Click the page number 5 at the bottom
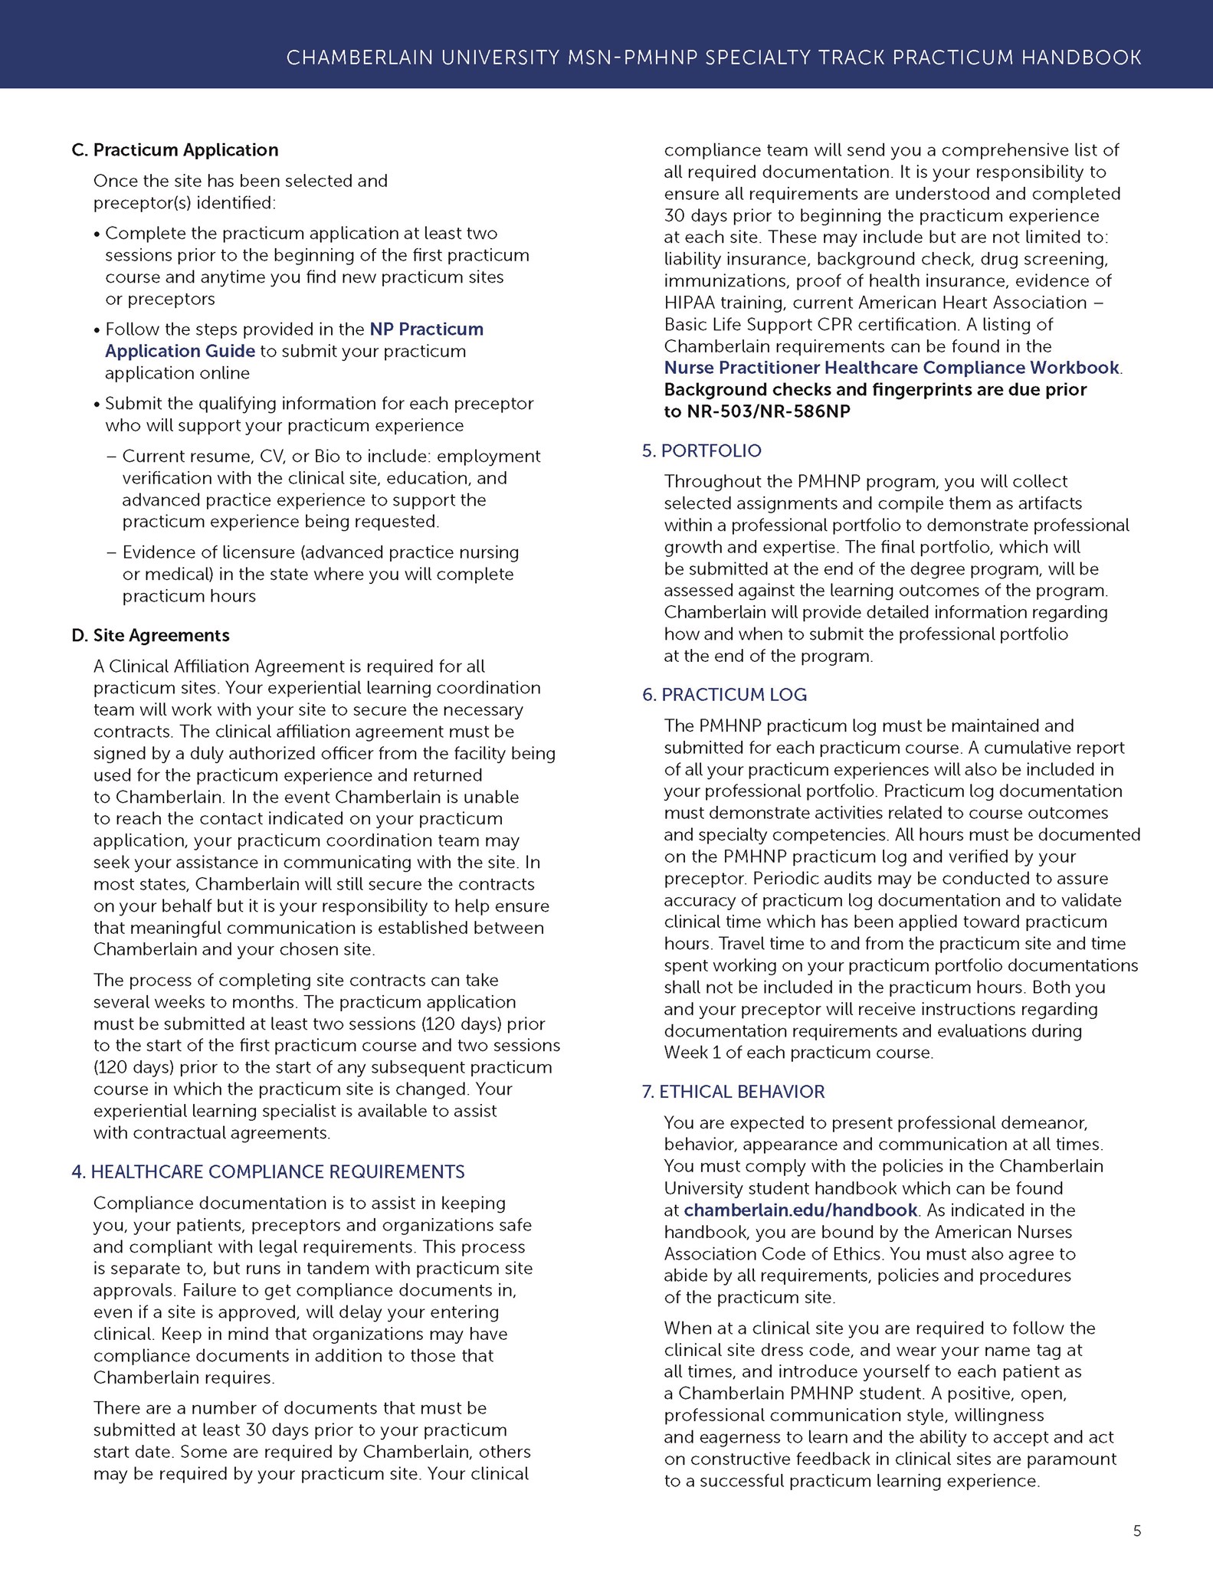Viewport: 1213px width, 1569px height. coord(1137,1531)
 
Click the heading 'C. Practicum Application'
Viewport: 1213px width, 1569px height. coord(175,150)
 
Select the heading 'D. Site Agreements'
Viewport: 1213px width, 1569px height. coord(150,635)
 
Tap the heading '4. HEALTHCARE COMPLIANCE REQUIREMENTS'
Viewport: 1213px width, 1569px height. coord(268,1171)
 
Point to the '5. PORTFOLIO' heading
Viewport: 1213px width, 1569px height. coord(702,450)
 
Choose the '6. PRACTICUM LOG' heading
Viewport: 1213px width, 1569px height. coord(724,695)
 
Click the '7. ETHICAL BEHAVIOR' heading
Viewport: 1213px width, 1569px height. coord(733,1092)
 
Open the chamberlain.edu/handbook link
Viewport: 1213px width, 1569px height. coord(800,1210)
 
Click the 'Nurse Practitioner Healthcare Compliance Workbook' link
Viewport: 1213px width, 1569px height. coord(891,368)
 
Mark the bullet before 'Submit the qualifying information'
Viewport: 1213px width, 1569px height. coord(97,405)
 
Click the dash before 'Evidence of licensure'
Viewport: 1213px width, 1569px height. coord(111,553)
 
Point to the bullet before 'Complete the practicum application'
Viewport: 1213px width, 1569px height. coord(97,234)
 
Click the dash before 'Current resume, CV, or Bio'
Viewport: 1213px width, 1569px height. coord(111,457)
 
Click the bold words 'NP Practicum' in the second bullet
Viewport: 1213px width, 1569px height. coord(427,329)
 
